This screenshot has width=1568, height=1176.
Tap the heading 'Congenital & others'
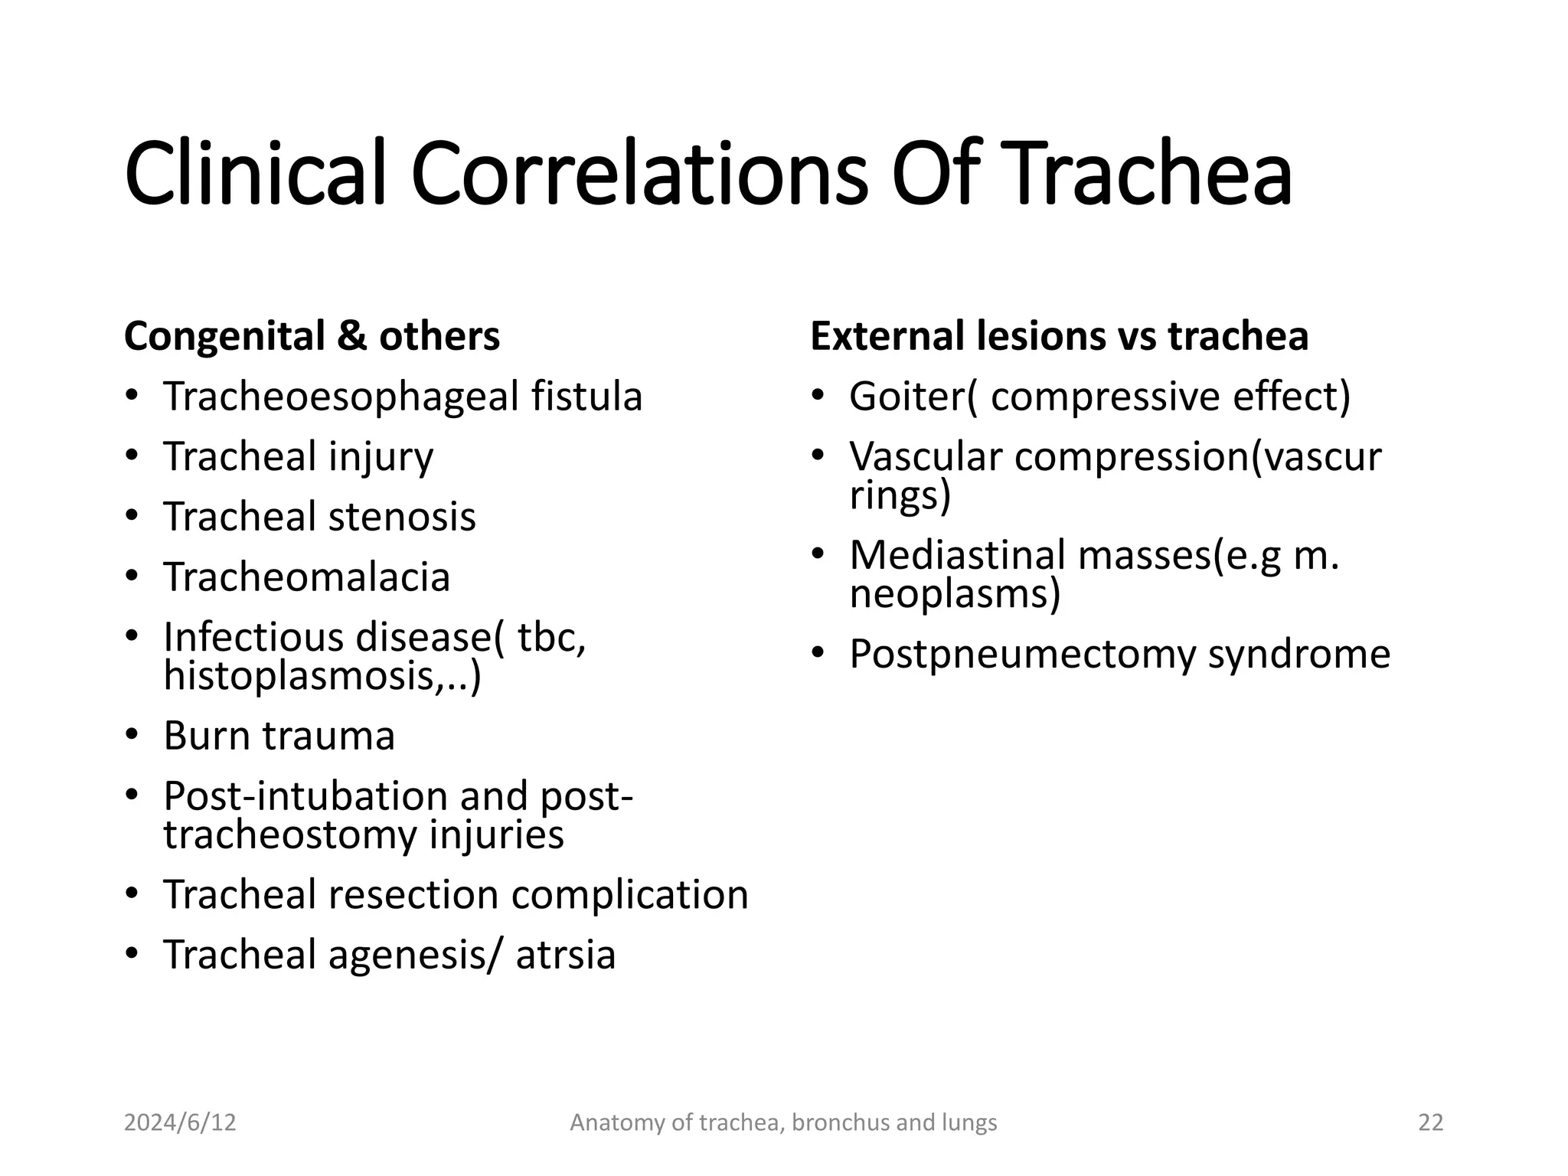(x=312, y=337)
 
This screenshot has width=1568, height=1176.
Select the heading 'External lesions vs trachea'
(x=1059, y=337)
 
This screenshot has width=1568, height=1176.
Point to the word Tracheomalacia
(x=306, y=577)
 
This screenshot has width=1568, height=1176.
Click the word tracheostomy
(x=290, y=835)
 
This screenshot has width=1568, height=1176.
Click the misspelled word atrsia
(x=565, y=955)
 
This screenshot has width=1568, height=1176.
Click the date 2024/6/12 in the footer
(x=180, y=1122)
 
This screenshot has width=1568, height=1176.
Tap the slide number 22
(x=1430, y=1122)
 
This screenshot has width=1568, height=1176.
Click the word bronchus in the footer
(x=840, y=1122)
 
